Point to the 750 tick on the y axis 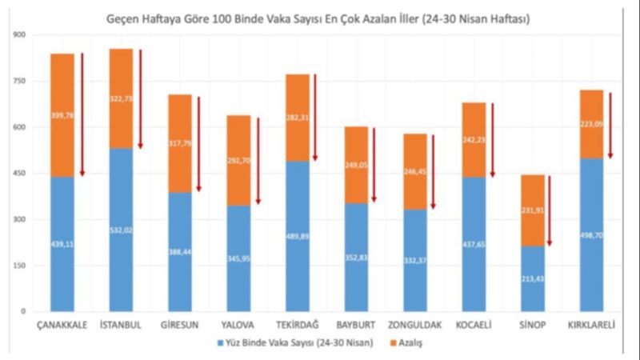[15, 81]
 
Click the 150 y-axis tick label [15, 265]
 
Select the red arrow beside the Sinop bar [550, 210]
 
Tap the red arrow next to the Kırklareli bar [610, 125]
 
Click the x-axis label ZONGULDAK [415, 326]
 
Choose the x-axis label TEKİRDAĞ [298, 326]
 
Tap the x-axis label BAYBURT [356, 326]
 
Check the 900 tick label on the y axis [15, 35]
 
